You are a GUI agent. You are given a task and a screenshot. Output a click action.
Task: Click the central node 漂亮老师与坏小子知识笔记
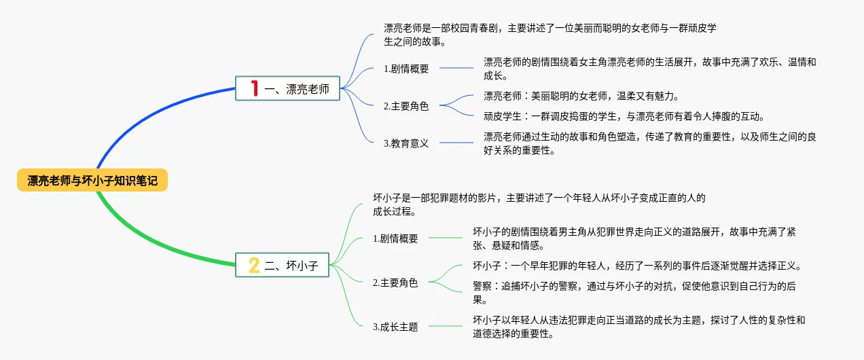92,181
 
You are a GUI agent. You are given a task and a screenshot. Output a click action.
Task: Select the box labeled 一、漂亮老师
287,88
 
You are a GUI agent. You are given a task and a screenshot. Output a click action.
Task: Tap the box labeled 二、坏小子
282,265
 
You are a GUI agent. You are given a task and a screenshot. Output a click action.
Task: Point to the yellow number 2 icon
254,265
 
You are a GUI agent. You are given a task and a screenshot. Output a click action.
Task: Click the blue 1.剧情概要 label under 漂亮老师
406,68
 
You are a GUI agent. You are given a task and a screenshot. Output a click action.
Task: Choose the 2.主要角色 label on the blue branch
406,106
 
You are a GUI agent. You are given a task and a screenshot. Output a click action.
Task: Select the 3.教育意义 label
406,143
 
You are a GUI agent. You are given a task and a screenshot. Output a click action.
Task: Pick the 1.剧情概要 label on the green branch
395,238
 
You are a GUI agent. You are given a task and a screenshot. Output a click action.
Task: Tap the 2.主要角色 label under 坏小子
395,283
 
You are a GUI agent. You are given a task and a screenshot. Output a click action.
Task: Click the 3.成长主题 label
395,327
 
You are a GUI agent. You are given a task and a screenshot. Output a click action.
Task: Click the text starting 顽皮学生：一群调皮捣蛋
624,116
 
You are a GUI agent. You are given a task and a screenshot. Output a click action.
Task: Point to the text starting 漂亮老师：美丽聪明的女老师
581,96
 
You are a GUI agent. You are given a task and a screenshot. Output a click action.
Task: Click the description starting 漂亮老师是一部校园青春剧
550,35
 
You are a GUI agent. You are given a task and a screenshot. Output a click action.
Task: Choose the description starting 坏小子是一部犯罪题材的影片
539,204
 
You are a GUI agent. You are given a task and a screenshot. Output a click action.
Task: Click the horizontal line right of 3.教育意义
456,143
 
